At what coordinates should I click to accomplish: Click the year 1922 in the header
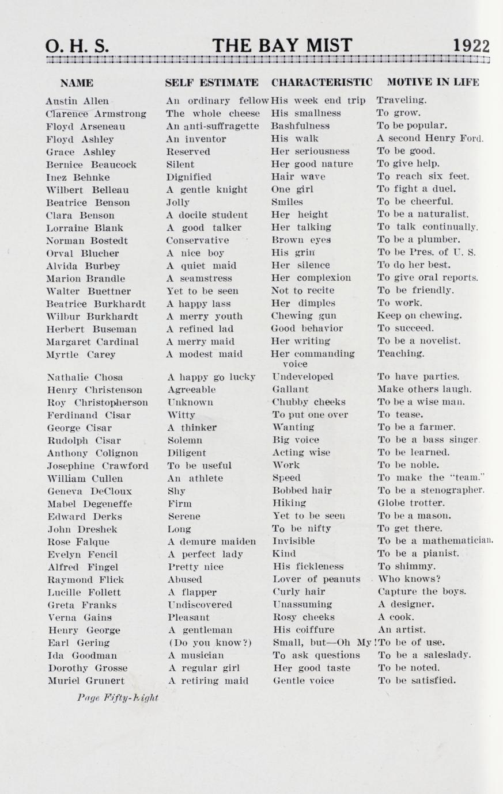pos(471,46)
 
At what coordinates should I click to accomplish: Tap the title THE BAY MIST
pos(282,45)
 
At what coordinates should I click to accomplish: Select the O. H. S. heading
pos(77,46)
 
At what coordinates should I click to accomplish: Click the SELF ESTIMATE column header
pos(211,82)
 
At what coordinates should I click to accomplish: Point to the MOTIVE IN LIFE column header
pos(433,82)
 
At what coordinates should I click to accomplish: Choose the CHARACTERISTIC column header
pos(322,82)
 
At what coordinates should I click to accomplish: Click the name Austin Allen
pos(77,101)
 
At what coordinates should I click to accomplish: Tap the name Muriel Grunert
pos(86,681)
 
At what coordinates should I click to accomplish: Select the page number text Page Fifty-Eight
pos(118,698)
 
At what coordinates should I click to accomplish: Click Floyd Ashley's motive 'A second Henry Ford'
pos(430,138)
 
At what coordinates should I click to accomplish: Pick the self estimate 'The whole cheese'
pos(213,113)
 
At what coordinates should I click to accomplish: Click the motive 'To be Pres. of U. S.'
pos(426,252)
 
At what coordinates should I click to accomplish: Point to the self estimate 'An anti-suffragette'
pos(213,126)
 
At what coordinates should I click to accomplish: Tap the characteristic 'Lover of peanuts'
pos(316,579)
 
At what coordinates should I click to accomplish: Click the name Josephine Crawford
pos(97,465)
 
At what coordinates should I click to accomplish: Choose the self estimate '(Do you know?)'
pos(210,642)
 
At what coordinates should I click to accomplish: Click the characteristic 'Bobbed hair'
pos(302,490)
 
